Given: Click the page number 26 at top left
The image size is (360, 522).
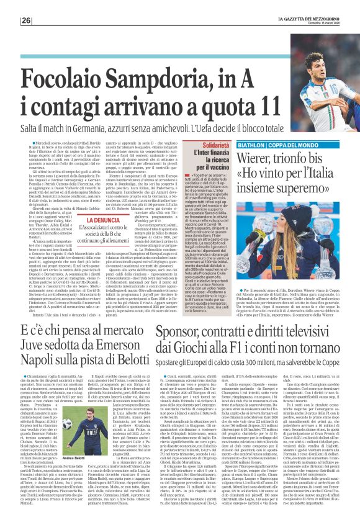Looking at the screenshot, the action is click(9, 20).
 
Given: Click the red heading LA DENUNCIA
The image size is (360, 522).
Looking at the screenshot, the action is click(104, 220).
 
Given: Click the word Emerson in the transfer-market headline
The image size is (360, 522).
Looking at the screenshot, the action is click(110, 347).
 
